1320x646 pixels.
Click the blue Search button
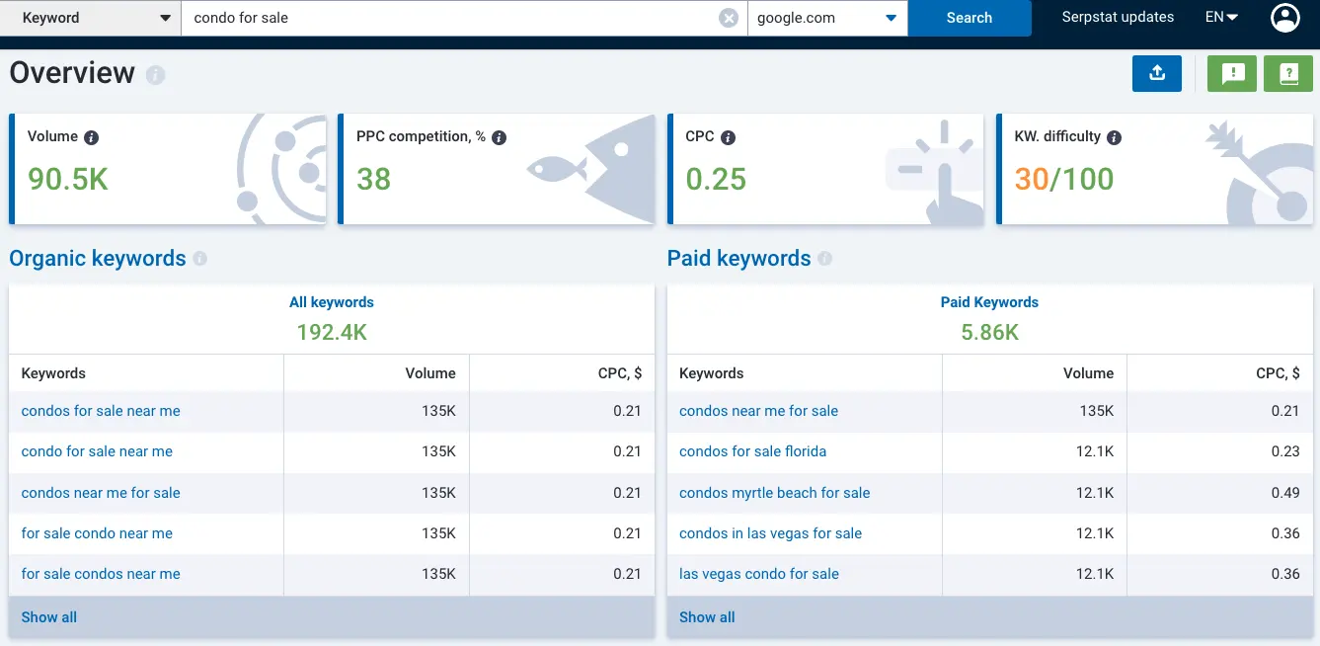coord(969,18)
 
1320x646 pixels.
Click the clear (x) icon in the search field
coord(728,18)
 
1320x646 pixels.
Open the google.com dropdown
coord(827,18)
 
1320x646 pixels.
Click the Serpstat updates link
coord(1118,17)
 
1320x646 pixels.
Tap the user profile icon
coord(1284,18)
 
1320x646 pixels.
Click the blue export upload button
coord(1157,73)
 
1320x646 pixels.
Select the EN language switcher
coord(1221,17)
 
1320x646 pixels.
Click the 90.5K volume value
coord(68,179)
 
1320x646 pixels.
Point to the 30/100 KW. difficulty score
coord(1063,179)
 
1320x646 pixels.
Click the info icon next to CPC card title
coord(728,138)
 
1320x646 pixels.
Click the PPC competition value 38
coord(373,179)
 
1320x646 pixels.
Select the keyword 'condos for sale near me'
coord(101,411)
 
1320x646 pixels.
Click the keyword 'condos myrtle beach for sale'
coord(774,493)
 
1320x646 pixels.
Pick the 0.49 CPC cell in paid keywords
coord(1285,493)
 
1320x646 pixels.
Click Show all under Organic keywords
coord(49,617)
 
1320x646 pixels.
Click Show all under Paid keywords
coord(707,617)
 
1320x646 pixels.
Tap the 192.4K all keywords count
coord(332,333)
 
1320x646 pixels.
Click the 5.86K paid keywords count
coord(989,333)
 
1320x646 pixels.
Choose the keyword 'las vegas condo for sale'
coord(758,574)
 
